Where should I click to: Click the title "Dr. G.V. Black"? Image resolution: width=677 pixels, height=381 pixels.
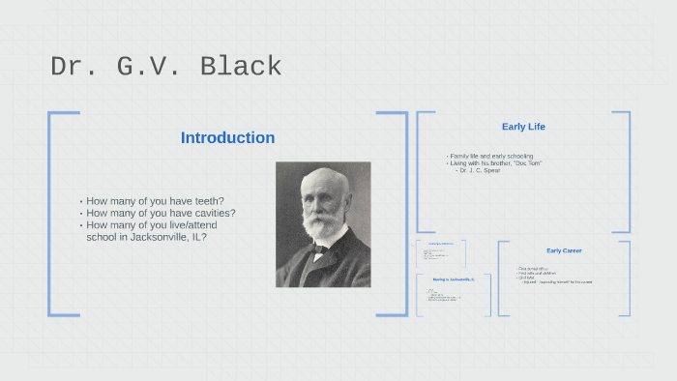coord(165,67)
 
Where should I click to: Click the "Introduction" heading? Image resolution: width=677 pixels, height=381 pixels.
coord(227,137)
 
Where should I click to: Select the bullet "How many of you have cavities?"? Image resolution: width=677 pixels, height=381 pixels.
coord(161,213)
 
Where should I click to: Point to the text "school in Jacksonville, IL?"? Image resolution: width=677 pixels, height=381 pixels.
coord(146,236)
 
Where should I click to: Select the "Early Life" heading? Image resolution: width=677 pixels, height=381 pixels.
coord(523,127)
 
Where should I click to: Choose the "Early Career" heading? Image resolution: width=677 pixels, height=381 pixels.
coord(564,250)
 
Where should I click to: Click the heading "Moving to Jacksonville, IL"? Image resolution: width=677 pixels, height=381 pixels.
coord(453,278)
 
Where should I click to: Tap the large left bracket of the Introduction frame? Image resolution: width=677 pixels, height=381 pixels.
coord(50,213)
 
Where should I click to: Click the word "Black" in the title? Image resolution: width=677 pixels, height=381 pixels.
coord(242,67)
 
